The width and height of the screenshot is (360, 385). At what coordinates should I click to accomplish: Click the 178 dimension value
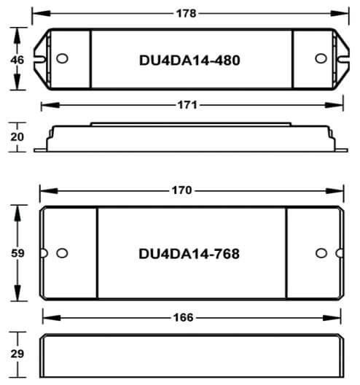tap(188, 13)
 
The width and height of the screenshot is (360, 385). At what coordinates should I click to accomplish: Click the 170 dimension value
tap(181, 190)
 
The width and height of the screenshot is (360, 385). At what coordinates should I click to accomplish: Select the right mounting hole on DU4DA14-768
tap(320, 253)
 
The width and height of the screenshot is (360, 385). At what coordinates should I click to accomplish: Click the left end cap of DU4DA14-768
tap(69, 253)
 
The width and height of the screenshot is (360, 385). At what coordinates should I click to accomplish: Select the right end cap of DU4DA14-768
tap(313, 253)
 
